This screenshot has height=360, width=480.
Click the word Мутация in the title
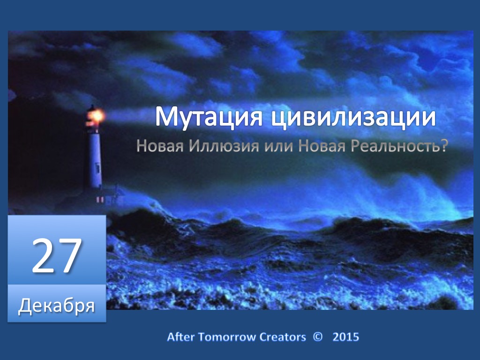pos(209,116)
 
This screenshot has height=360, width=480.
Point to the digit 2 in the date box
pos(44,255)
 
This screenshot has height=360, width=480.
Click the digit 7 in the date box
pos(70,255)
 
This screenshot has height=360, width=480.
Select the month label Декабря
pos(57,306)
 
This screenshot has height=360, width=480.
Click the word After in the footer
pos(180,337)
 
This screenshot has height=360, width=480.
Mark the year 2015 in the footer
pos(345,337)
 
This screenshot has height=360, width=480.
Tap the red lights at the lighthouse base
pos(100,200)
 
